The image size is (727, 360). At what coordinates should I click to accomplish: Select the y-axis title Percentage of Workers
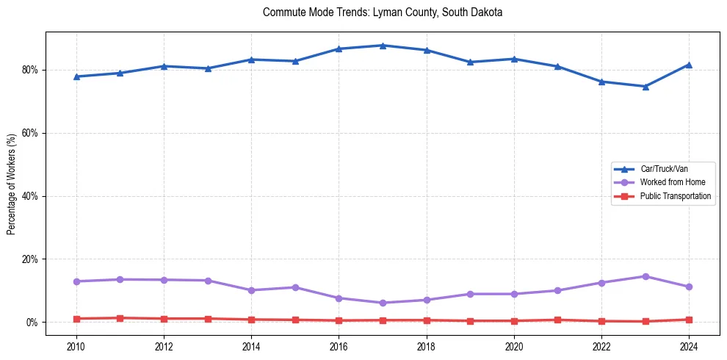11,184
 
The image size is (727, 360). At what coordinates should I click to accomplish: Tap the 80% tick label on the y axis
30,70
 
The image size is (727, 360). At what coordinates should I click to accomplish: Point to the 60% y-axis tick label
30,133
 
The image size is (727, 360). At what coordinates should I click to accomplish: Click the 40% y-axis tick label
30,196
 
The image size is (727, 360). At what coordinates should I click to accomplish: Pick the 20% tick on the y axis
30,259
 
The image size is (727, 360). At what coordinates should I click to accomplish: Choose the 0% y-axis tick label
32,323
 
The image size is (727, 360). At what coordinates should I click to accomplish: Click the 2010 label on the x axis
76,345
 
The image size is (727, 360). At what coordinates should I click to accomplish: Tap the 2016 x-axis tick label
339,345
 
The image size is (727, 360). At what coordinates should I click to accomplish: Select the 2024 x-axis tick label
689,345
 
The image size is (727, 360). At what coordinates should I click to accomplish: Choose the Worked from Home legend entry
672,182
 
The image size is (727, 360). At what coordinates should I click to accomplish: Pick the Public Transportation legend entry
675,196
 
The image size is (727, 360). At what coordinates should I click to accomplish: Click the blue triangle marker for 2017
383,46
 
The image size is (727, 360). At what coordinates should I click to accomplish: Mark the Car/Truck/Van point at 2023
645,86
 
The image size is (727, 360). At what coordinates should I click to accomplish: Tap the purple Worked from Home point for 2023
645,276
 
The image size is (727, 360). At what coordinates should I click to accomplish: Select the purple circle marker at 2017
383,303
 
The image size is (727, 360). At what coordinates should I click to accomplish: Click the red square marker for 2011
120,318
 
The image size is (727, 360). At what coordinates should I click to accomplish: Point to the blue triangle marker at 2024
689,65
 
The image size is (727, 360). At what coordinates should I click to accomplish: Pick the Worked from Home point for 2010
76,281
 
